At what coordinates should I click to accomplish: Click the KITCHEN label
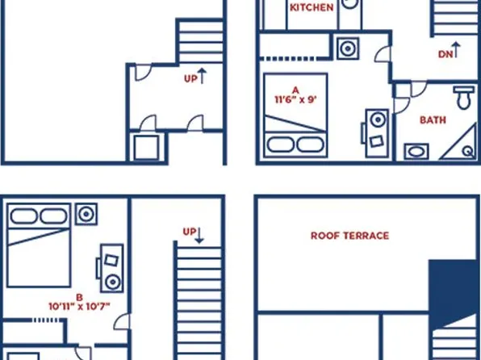tap(312, 7)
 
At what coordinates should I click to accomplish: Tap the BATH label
tap(433, 120)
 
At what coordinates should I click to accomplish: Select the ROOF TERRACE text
tap(349, 236)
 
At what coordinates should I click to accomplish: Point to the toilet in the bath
tap(463, 98)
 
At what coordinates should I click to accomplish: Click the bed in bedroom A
tap(296, 117)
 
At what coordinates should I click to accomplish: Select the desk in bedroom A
tap(376, 132)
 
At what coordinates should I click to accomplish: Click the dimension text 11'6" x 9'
tap(296, 94)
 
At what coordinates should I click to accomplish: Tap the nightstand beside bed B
tap(86, 215)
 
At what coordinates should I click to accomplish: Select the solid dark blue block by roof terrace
tap(453, 291)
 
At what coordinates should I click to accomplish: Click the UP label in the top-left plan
tap(192, 78)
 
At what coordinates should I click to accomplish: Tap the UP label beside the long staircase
tap(190, 232)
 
